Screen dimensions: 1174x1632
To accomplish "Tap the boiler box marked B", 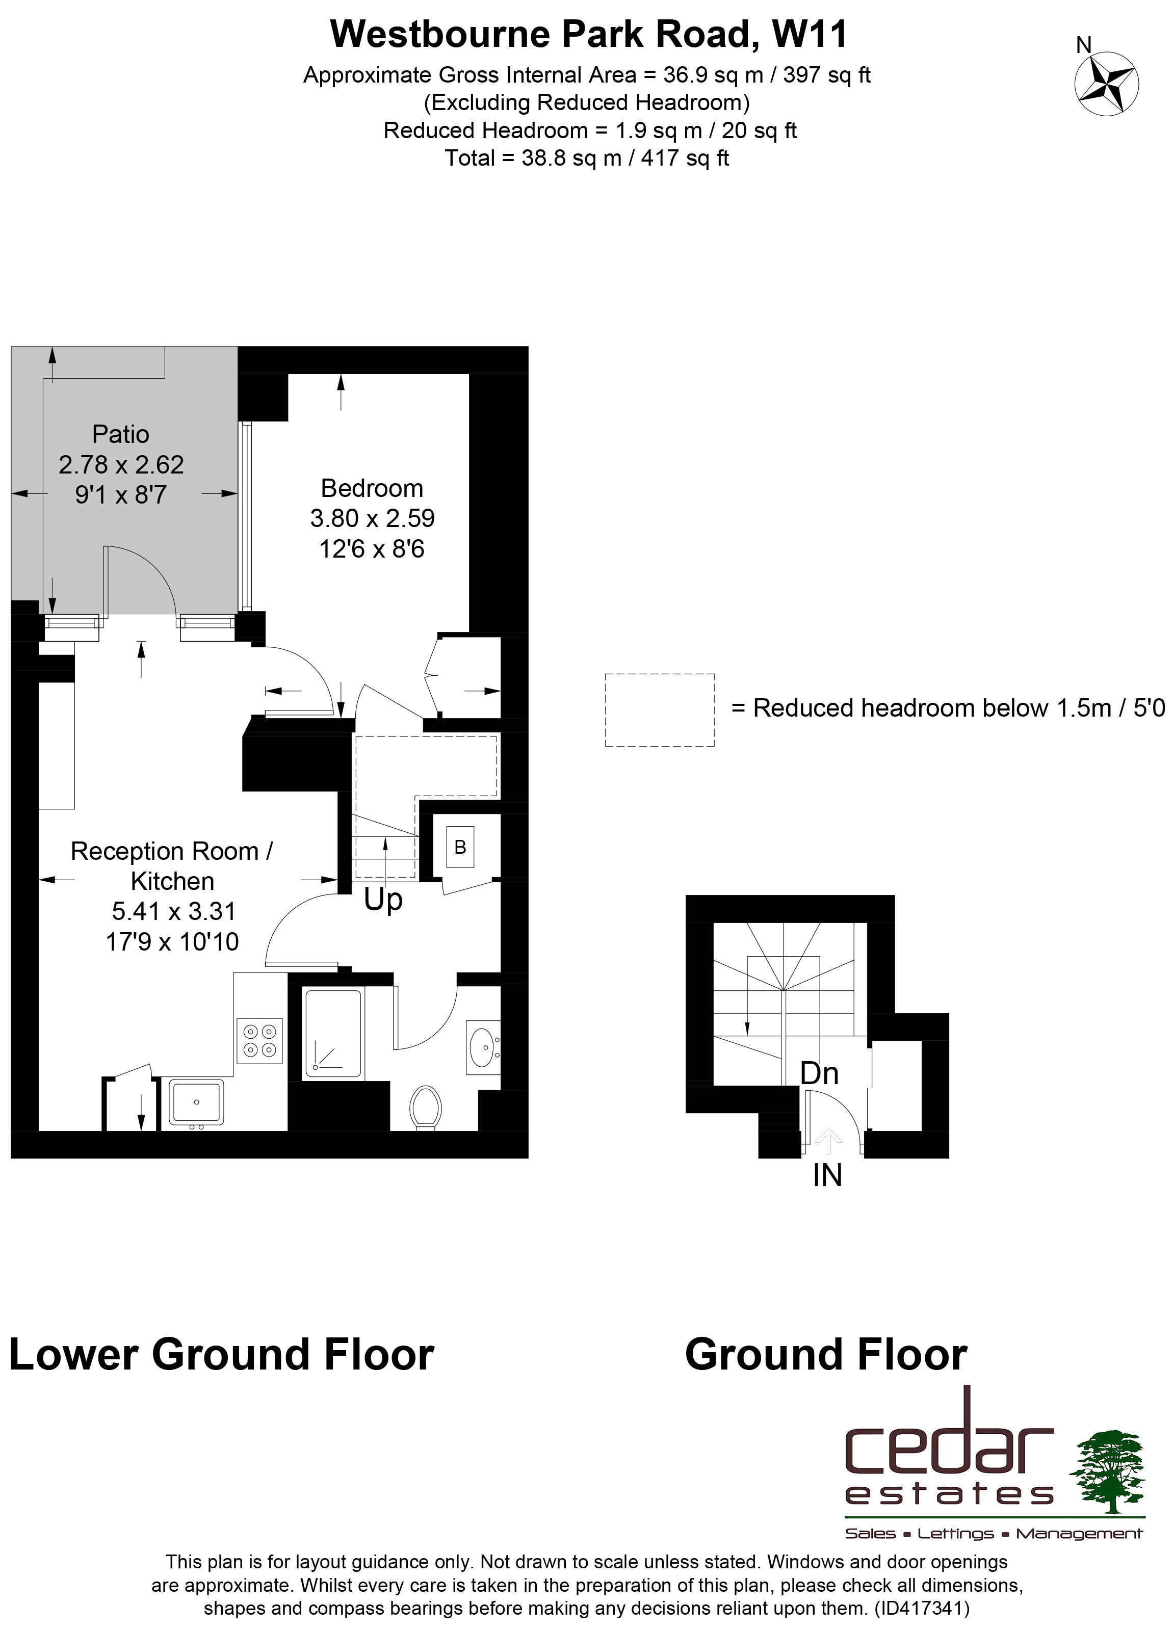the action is (460, 848).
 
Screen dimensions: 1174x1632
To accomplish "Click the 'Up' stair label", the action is (383, 900).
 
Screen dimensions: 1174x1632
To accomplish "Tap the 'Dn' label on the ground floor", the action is (819, 1073).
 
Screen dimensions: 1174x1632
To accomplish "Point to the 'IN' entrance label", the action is (827, 1175).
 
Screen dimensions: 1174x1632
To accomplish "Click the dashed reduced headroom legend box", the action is (659, 709).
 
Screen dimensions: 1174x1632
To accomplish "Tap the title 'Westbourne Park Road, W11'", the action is (589, 34).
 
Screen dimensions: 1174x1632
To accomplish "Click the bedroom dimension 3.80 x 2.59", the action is (372, 518).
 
